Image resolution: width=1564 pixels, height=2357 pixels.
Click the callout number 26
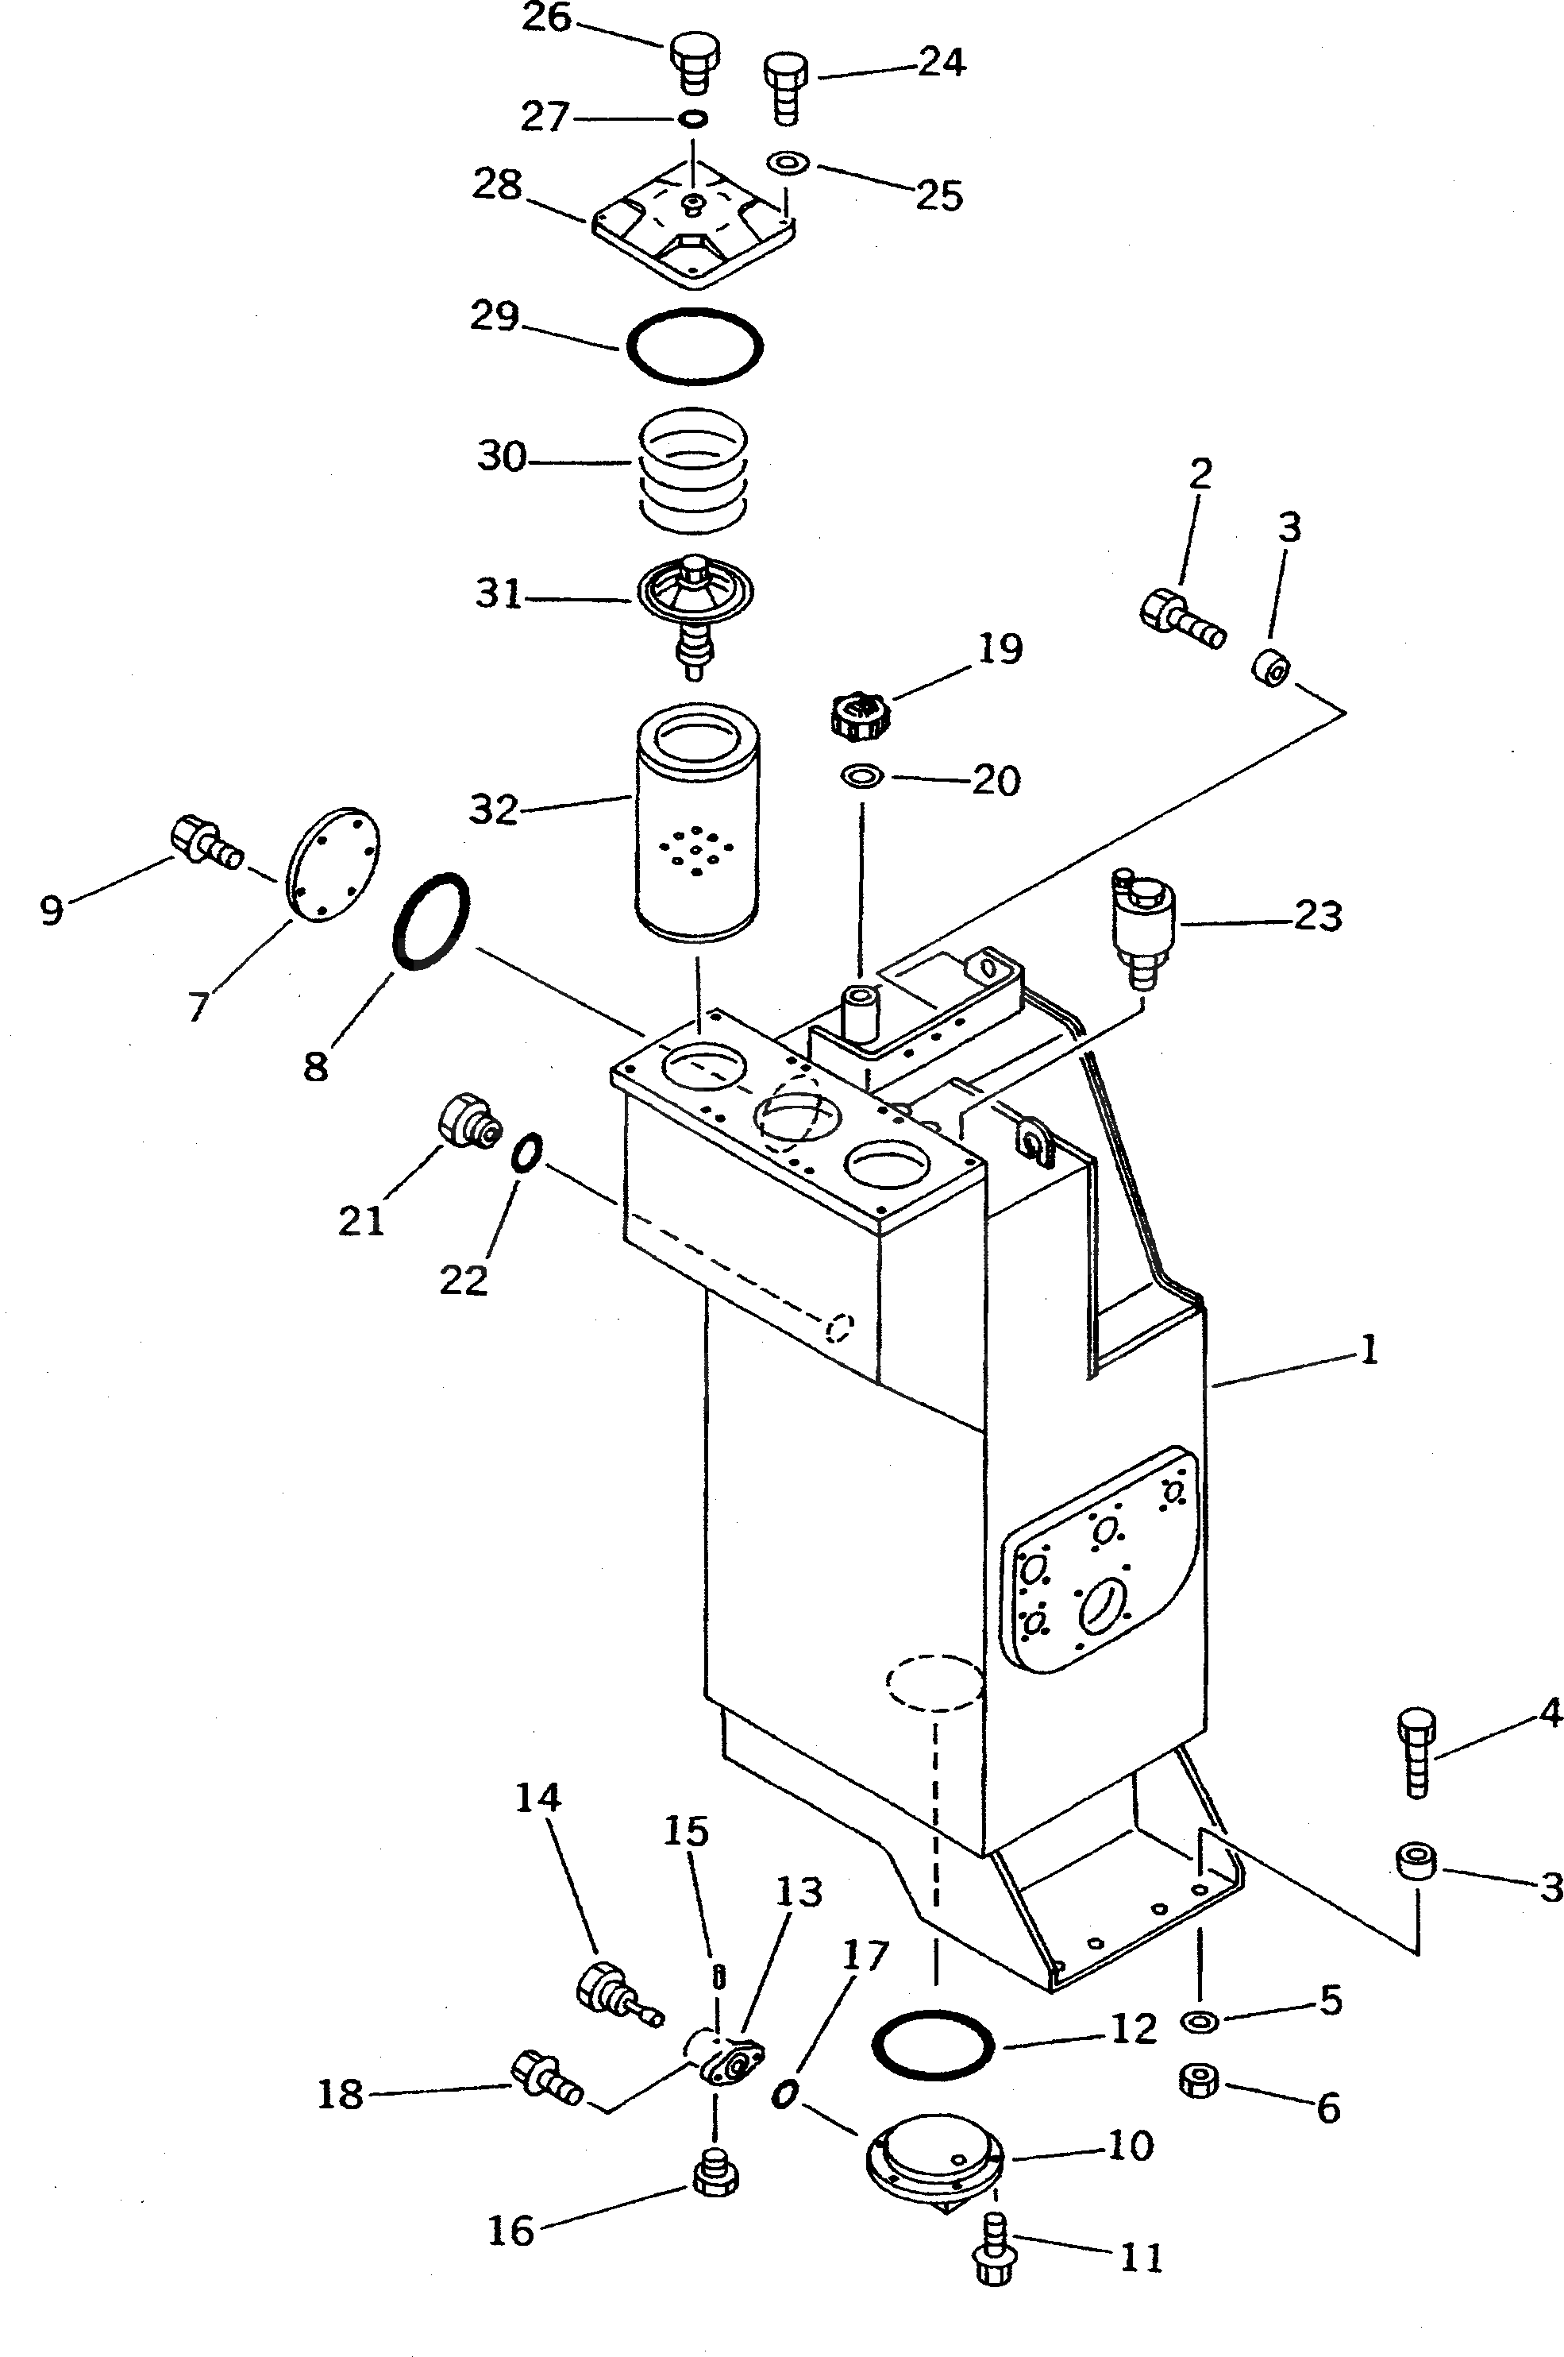(545, 19)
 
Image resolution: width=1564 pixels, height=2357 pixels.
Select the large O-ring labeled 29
(694, 346)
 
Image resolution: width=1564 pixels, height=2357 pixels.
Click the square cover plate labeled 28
(693, 234)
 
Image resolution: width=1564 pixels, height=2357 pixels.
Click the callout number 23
(1318, 915)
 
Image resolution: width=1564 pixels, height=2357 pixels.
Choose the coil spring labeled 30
(693, 465)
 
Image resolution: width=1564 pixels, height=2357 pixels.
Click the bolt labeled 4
(1417, 1752)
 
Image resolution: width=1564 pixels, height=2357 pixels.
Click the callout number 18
(340, 2095)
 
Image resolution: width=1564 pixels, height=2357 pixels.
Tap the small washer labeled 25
(788, 160)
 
